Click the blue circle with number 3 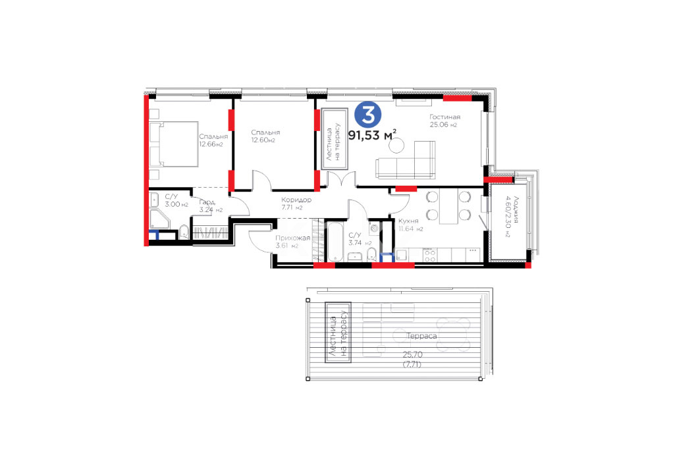368,115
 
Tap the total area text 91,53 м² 373,135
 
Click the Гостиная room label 444,117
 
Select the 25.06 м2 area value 443,125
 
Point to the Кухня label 408,221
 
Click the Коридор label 296,200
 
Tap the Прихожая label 293,238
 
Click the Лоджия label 516,209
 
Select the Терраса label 421,336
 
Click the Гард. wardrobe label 207,202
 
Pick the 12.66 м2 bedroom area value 211,144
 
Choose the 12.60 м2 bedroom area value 263,140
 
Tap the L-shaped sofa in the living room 406,160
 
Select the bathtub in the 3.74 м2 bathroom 335,242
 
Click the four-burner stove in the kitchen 430,256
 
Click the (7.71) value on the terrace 412,364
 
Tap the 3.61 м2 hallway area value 286,246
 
